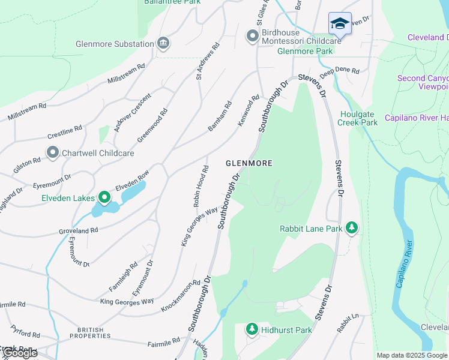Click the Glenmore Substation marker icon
pyautogui.click(x=163, y=43)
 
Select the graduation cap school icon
pyautogui.click(x=340, y=24)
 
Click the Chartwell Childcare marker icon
pyautogui.click(x=52, y=152)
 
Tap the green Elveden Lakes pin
pyautogui.click(x=104, y=197)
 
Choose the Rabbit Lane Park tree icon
pyautogui.click(x=352, y=228)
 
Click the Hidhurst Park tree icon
pyautogui.click(x=252, y=329)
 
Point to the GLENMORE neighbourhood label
pyautogui.click(x=249, y=163)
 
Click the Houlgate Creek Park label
pyautogui.click(x=358, y=118)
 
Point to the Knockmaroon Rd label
pyautogui.click(x=181, y=295)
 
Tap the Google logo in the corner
pyautogui.click(x=19, y=353)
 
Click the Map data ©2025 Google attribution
pyautogui.click(x=412, y=355)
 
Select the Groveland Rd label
pyautogui.click(x=78, y=230)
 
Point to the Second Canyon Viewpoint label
pyautogui.click(x=423, y=83)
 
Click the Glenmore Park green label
pyautogui.click(x=305, y=51)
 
